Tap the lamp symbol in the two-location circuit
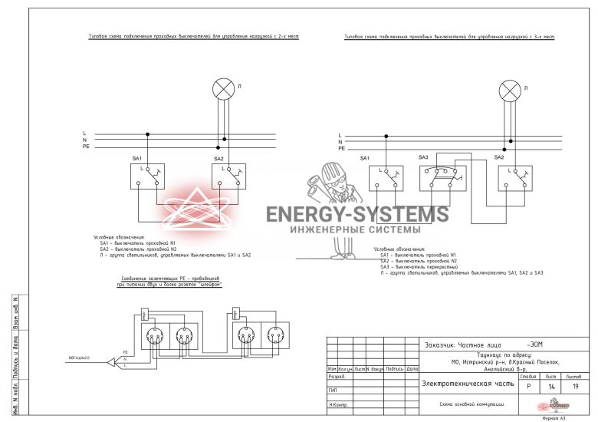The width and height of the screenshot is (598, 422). tap(223, 90)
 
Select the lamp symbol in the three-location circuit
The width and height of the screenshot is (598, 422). tap(509, 92)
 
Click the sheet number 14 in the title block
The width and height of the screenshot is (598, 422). tap(551, 387)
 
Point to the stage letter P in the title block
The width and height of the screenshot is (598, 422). tap(527, 387)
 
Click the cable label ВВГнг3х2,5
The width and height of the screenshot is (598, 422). tap(79, 358)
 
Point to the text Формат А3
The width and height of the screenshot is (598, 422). tap(554, 418)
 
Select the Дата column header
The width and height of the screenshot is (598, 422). tap(412, 370)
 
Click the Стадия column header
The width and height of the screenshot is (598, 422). tap(527, 377)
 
